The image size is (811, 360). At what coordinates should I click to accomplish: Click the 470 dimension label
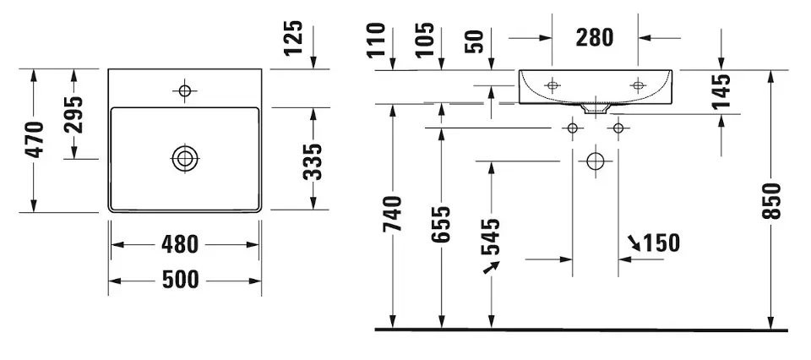35,140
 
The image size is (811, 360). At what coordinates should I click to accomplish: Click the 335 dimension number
312,161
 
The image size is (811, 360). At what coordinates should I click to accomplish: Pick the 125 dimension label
292,39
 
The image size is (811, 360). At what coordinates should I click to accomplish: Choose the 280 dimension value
595,37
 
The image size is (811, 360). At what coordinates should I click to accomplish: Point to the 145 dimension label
721,91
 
